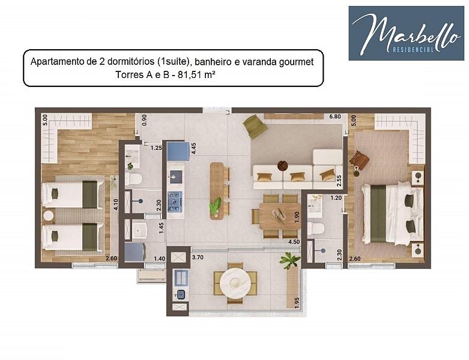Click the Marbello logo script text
[406, 33]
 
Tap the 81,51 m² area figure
[196, 74]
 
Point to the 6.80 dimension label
[335, 116]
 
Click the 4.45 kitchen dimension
[193, 148]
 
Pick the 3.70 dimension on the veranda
[198, 257]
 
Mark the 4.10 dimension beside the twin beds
[116, 205]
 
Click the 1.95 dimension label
[297, 303]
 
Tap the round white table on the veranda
[235, 283]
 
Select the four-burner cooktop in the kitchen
[175, 202]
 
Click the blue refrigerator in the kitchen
[178, 151]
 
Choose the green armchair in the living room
[255, 127]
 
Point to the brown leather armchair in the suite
[360, 160]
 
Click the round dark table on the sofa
[282, 166]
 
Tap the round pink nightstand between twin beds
[49, 216]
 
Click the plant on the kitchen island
[216, 206]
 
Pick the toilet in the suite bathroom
[316, 229]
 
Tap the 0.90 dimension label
[144, 120]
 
